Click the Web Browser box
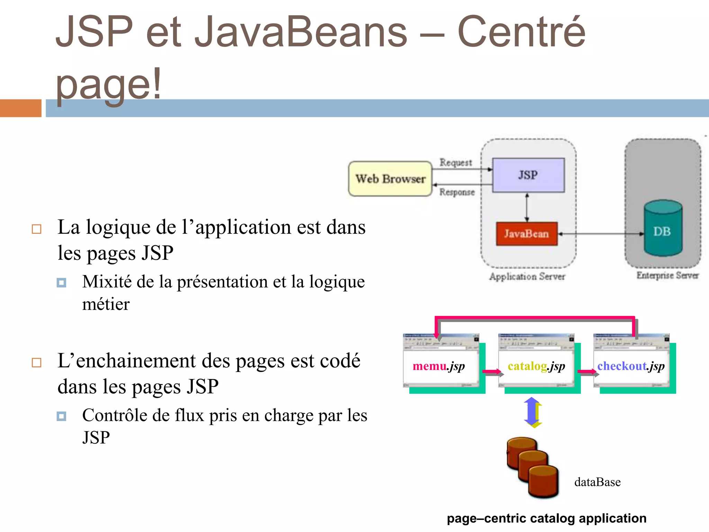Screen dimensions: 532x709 (x=390, y=179)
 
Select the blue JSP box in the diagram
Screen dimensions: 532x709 (x=528, y=175)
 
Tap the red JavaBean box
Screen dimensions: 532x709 (x=527, y=234)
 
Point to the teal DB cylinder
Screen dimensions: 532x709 (x=663, y=229)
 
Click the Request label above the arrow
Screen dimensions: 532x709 (x=456, y=162)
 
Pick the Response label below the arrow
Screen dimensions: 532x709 (x=457, y=192)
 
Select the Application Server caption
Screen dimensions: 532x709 (x=527, y=276)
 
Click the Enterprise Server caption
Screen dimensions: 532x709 (x=667, y=275)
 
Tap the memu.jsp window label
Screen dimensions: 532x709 (x=439, y=366)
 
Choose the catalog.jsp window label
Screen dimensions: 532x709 (x=536, y=366)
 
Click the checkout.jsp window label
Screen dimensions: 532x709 (x=631, y=366)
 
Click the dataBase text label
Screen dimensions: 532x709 (x=597, y=482)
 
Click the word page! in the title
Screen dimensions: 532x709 (x=108, y=84)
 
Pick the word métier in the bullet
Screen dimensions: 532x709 (x=106, y=304)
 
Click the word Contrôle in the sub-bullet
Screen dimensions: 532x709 (x=115, y=415)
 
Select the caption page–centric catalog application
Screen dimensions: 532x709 (x=546, y=518)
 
